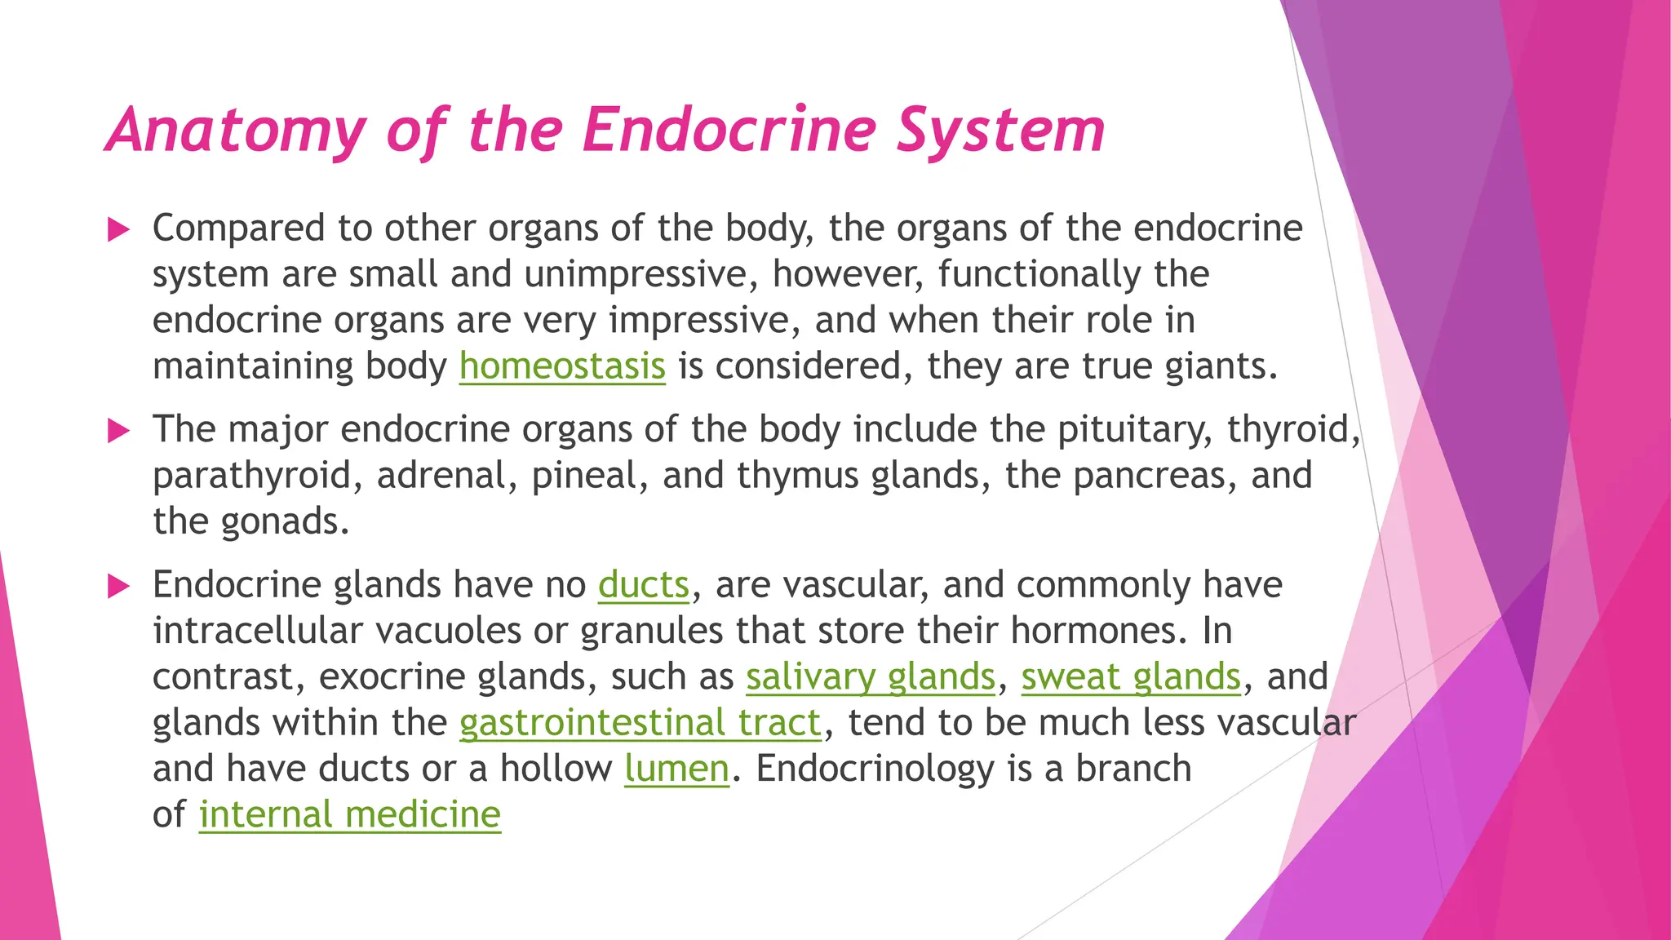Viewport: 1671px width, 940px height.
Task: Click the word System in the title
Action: (x=1000, y=131)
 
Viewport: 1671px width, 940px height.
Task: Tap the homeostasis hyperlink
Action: (x=562, y=366)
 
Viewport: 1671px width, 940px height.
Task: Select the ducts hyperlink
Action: (x=644, y=585)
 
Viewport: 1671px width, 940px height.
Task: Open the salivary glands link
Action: (x=871, y=677)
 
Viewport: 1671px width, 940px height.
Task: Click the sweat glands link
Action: (x=1131, y=677)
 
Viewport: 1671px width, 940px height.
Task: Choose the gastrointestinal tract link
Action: (x=640, y=723)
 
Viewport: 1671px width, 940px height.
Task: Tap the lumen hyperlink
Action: (x=676, y=769)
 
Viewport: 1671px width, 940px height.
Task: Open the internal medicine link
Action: (x=349, y=814)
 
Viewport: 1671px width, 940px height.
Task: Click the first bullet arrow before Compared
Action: (x=119, y=229)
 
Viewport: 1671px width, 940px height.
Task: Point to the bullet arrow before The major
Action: (x=119, y=430)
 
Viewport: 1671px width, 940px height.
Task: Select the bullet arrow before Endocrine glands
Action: (x=119, y=586)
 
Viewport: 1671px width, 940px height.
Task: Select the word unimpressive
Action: (x=636, y=274)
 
